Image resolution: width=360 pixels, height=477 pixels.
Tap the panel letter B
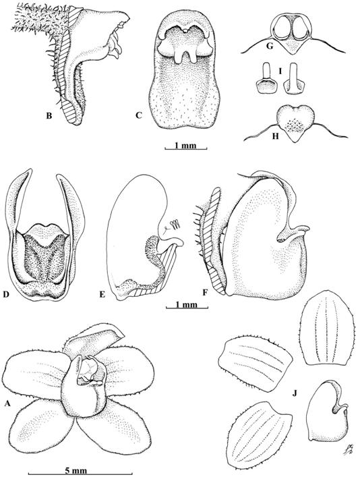click(49, 115)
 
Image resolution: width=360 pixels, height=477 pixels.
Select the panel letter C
click(139, 115)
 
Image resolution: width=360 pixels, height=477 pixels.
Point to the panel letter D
click(5, 294)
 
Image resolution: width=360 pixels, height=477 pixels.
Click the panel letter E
click(102, 294)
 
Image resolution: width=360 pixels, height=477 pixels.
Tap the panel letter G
click(270, 47)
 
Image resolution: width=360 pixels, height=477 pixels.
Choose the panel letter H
click(276, 136)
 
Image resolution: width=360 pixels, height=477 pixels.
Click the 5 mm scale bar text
click(81, 471)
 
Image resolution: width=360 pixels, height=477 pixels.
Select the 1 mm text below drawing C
click(185, 145)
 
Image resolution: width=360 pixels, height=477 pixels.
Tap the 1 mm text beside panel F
click(187, 304)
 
